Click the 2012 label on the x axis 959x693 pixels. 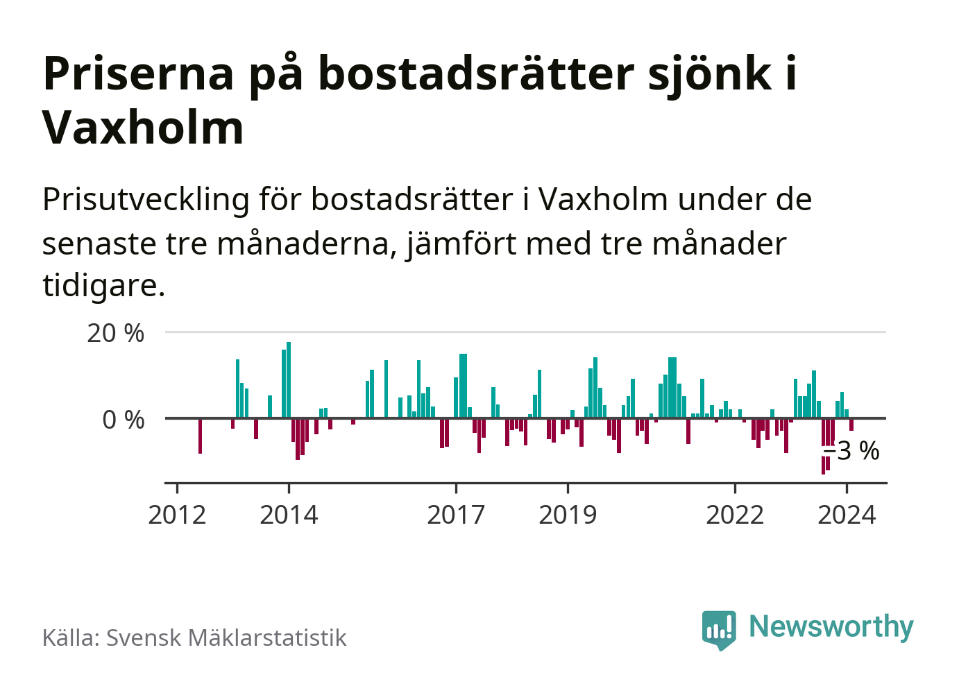click(177, 515)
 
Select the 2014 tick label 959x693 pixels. click(289, 515)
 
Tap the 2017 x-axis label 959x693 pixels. click(456, 515)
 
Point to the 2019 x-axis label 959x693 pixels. click(568, 515)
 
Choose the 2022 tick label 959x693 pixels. click(735, 515)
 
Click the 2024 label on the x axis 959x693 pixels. click(847, 515)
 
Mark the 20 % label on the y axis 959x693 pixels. click(116, 333)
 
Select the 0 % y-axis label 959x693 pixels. click(124, 420)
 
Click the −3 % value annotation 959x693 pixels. click(852, 451)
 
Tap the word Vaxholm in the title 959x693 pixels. click(143, 128)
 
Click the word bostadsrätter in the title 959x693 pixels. click(476, 74)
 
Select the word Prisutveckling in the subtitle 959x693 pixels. click(146, 200)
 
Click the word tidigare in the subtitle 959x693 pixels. click(103, 285)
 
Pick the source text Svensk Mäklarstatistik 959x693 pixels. click(226, 638)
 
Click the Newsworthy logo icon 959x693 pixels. click(718, 629)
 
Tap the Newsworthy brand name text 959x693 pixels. click(831, 626)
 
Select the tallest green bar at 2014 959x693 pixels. click(289, 380)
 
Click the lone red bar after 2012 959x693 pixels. click(200, 436)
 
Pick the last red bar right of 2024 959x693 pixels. click(851, 425)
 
